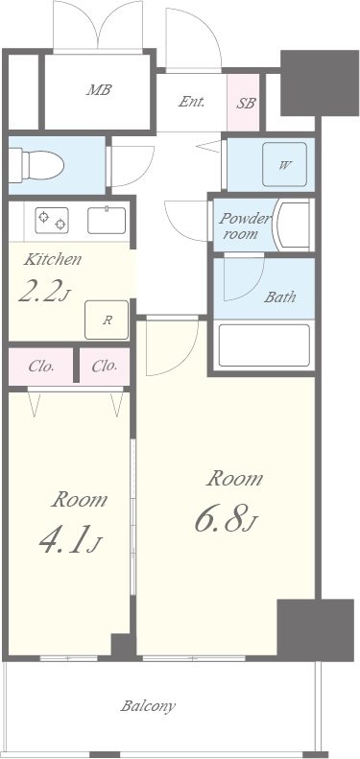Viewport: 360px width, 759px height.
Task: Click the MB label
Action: click(99, 89)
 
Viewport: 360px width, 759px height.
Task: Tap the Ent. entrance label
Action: click(192, 102)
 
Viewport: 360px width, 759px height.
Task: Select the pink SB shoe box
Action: click(244, 102)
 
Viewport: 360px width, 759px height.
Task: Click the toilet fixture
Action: click(36, 166)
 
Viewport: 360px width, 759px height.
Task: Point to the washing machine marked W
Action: click(284, 165)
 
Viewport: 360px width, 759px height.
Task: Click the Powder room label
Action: click(243, 225)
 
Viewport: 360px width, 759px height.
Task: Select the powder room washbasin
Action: click(292, 225)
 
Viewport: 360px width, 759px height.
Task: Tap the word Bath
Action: click(279, 296)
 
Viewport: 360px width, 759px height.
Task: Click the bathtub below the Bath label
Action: click(264, 345)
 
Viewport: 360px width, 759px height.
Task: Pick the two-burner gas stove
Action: click(51, 221)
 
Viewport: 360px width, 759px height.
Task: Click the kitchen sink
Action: click(107, 221)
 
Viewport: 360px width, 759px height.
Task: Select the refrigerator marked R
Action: click(107, 320)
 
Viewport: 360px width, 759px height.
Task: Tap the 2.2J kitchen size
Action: click(42, 292)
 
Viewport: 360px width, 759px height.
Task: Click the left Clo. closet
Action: click(40, 367)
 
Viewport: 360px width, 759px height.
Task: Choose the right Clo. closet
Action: click(105, 367)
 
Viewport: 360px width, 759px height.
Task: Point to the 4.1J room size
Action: click(69, 541)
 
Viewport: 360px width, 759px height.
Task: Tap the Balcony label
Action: click(148, 706)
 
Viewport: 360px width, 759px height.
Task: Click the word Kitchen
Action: click(53, 260)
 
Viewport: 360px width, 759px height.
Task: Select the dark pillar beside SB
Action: click(320, 83)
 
